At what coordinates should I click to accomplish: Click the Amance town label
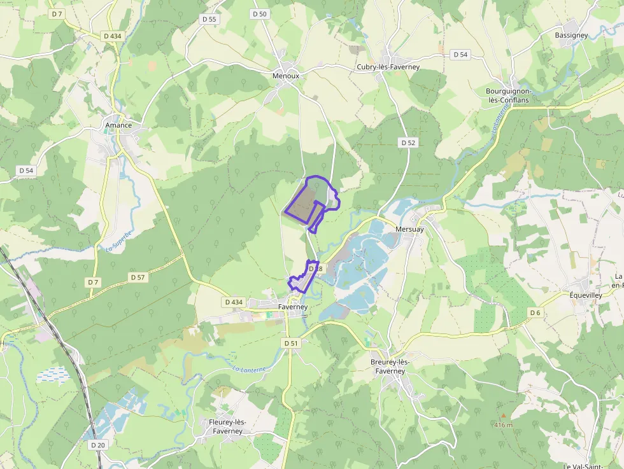click(x=118, y=125)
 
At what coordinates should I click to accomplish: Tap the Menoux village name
click(x=285, y=75)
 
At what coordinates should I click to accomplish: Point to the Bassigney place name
click(x=571, y=36)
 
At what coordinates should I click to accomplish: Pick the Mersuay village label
click(x=409, y=229)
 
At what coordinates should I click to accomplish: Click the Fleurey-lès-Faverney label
click(x=227, y=426)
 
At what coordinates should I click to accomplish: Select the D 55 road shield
click(x=209, y=20)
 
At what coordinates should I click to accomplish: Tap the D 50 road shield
click(x=260, y=14)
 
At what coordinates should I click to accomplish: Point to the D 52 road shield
click(x=408, y=143)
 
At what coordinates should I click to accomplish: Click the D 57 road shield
click(x=138, y=277)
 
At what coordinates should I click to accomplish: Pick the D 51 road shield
click(x=290, y=343)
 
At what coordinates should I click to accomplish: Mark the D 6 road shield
click(x=535, y=312)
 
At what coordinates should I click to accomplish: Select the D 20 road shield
click(x=97, y=445)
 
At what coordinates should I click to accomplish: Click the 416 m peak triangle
click(x=503, y=416)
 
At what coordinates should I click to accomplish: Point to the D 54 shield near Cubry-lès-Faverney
click(x=460, y=55)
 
